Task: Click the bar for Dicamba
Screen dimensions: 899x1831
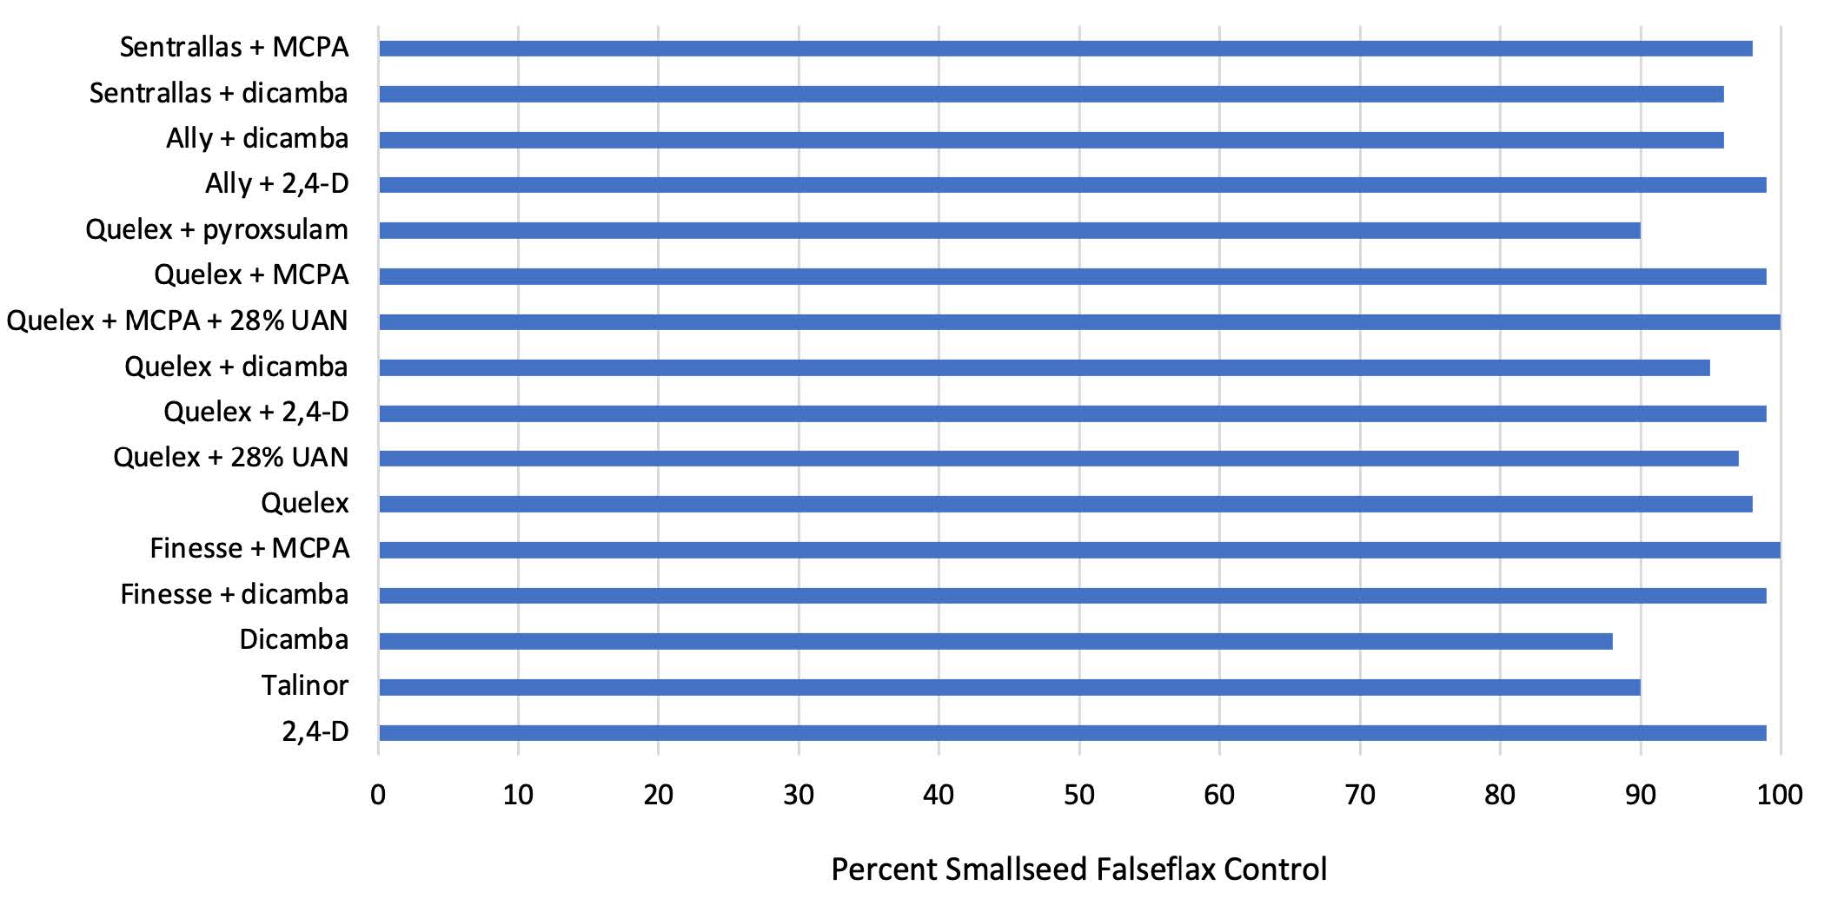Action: tap(995, 641)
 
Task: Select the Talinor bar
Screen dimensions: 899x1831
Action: tap(1009, 687)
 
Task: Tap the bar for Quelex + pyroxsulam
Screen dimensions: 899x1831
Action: tap(1009, 230)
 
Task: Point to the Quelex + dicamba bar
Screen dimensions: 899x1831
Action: tap(1044, 367)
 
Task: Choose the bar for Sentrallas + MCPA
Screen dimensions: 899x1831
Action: tap(1065, 48)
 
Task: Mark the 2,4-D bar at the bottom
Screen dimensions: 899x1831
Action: tap(1072, 732)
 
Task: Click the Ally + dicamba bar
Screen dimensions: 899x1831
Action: tap(1051, 139)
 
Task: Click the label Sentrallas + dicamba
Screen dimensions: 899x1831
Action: tap(218, 93)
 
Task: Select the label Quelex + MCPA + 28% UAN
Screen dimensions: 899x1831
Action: tap(177, 321)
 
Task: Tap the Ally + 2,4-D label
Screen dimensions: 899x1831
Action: tap(276, 184)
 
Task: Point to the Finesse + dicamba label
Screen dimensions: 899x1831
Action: tap(235, 594)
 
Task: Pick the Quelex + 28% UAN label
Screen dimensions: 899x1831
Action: tap(230, 457)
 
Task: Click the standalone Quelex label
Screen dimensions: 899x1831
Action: tap(304, 503)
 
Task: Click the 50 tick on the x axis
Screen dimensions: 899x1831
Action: tap(1079, 794)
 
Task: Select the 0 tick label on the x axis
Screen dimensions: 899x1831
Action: tap(378, 794)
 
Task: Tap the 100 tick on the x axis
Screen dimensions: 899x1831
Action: tap(1780, 794)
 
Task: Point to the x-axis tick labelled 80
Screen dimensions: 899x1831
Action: tap(1500, 794)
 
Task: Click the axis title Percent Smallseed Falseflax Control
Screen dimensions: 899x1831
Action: tap(1078, 869)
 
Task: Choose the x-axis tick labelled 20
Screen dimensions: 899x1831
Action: tap(659, 794)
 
